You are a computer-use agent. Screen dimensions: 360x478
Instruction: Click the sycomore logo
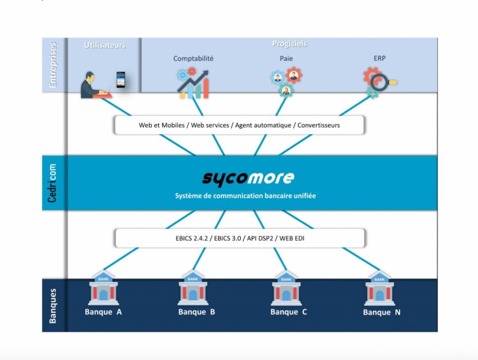pos(248,178)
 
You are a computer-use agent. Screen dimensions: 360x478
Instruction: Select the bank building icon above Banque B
pos(193,289)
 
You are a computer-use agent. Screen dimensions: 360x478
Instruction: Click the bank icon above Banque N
pos(379,289)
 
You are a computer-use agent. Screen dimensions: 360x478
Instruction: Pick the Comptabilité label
pos(193,59)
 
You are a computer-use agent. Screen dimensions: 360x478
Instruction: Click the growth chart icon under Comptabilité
pos(193,83)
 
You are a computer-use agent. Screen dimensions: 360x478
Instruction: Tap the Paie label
pos(286,59)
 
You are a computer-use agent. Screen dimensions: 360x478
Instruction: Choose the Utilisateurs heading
pos(105,45)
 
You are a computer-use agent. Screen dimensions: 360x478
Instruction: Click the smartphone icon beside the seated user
pos(121,79)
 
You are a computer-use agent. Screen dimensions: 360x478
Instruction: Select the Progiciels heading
pos(289,44)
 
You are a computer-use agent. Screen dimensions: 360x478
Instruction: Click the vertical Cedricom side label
pos(53,183)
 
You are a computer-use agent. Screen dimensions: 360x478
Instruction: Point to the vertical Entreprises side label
pos(53,65)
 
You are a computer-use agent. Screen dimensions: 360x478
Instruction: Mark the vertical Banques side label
pos(53,306)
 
